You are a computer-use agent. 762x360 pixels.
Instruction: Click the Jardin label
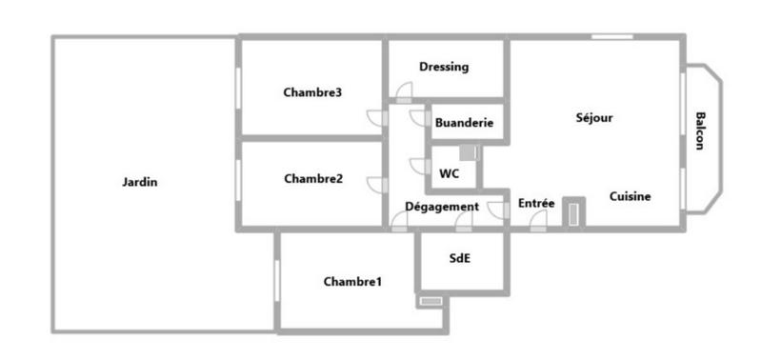pos(140,182)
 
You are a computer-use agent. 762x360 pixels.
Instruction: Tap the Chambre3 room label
pos(312,92)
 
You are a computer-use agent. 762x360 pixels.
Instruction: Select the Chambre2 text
pos(312,178)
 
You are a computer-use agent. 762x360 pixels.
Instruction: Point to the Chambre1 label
pos(352,281)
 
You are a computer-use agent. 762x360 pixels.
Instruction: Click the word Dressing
pos(444,67)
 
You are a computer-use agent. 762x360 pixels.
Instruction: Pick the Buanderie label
pos(463,123)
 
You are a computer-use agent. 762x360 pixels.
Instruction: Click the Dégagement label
pos(441,207)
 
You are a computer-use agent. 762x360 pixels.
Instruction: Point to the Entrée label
pos(536,203)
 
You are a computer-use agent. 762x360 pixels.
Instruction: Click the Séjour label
pos(593,118)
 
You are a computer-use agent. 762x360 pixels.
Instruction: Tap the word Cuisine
pos(630,197)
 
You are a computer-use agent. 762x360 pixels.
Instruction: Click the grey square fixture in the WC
pos(468,152)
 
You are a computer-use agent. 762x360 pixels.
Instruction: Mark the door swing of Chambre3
pos(377,117)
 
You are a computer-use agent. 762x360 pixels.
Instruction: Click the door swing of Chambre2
pos(377,185)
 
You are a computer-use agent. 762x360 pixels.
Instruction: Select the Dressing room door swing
pos(405,92)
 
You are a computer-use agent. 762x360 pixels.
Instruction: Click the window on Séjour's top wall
pos(612,37)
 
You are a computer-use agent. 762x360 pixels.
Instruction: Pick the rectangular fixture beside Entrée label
pos(571,212)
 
